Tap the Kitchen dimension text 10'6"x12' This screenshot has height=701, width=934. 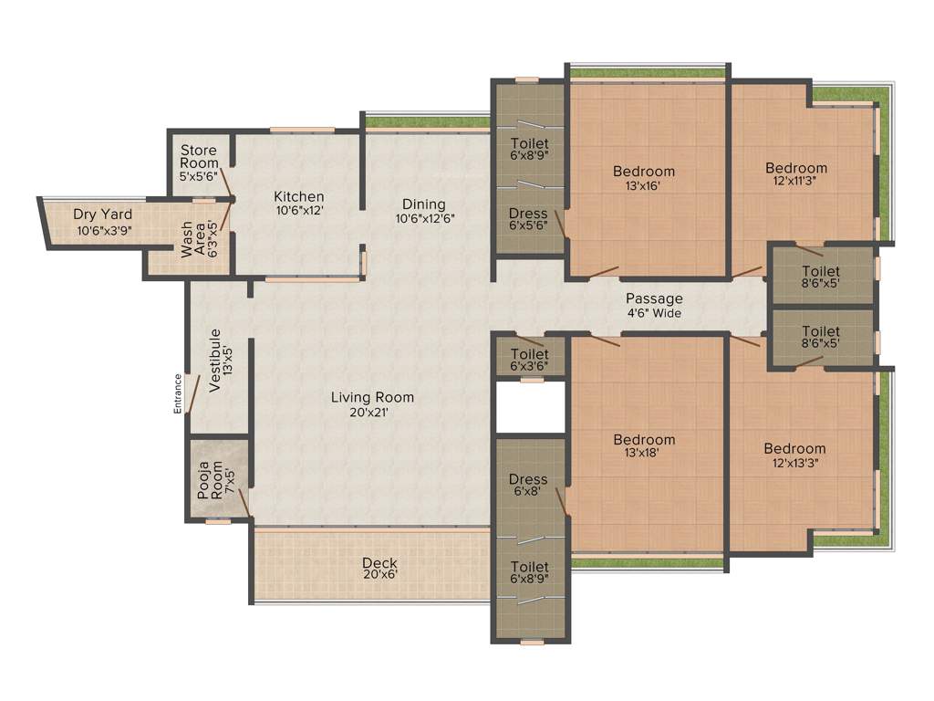(x=299, y=210)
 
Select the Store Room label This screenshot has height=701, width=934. (x=199, y=156)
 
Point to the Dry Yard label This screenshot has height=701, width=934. (x=103, y=214)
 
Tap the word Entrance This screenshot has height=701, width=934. (x=178, y=393)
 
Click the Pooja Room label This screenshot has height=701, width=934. (x=211, y=478)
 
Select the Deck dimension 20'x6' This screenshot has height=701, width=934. (x=379, y=575)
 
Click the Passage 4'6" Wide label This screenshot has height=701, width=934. (x=653, y=306)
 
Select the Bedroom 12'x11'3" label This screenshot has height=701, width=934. (x=796, y=174)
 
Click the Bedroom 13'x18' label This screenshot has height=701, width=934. (x=644, y=446)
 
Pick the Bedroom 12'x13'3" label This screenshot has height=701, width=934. (x=794, y=455)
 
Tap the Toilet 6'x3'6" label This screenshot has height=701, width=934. (x=529, y=360)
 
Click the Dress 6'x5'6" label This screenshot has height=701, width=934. (x=528, y=220)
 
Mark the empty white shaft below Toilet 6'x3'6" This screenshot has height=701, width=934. (x=530, y=407)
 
